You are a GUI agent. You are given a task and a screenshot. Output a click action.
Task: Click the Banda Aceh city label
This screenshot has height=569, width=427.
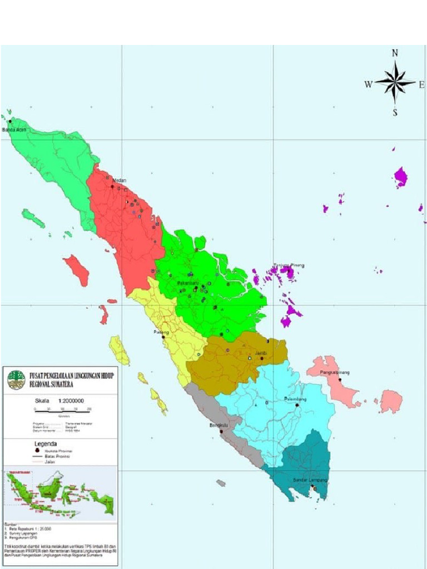pyautogui.click(x=14, y=129)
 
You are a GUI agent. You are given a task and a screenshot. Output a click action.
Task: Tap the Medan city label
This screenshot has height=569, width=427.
pyautogui.click(x=120, y=181)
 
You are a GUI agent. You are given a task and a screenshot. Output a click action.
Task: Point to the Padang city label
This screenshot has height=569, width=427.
pyautogui.click(x=161, y=332)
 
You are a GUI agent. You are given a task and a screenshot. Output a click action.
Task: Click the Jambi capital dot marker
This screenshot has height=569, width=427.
pyautogui.click(x=261, y=358)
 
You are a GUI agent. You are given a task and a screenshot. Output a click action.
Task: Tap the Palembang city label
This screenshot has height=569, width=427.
pyautogui.click(x=296, y=399)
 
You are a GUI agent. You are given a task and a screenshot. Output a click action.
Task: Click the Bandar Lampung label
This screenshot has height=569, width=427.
pyautogui.click(x=310, y=480)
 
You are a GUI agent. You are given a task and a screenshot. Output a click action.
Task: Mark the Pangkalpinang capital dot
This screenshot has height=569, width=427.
pyautogui.click(x=340, y=380)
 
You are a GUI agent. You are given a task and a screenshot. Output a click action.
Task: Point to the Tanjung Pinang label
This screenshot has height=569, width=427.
pyautogui.click(x=289, y=265)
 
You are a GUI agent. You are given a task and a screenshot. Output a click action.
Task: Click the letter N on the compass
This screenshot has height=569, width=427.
pyautogui.click(x=395, y=53)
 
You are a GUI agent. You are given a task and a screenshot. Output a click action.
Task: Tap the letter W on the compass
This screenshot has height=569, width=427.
pyautogui.click(x=368, y=84)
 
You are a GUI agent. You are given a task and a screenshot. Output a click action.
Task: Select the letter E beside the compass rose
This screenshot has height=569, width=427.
pyautogui.click(x=421, y=84)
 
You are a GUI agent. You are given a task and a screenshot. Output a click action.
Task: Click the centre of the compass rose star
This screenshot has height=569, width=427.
pyautogui.click(x=395, y=83)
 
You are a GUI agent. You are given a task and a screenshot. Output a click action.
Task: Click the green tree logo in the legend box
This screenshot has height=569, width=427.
pyautogui.click(x=16, y=380)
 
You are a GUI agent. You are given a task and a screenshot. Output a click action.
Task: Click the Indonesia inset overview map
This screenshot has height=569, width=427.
pyautogui.click(x=60, y=493)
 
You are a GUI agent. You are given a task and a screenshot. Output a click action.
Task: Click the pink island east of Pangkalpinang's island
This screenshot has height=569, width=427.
pyautogui.click(x=391, y=401)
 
